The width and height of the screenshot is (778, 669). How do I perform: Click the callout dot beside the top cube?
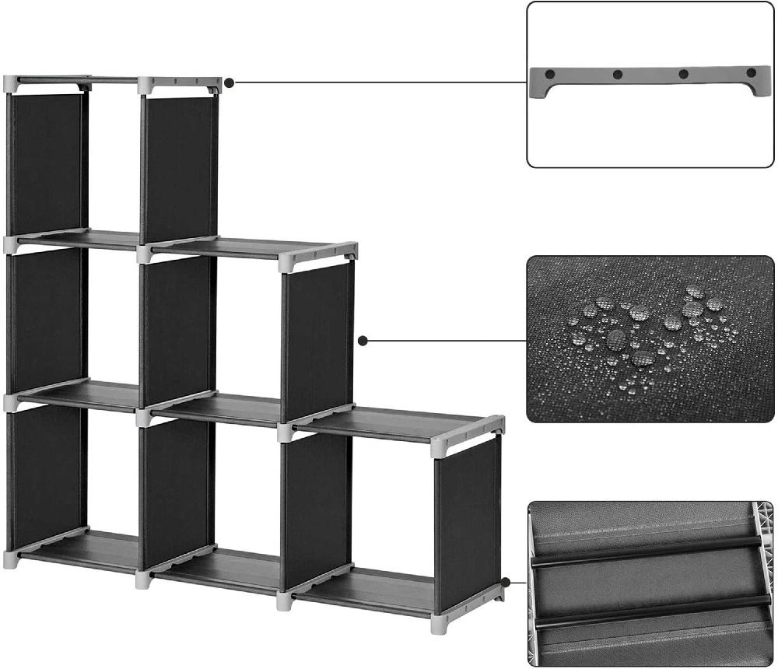pos(230,82)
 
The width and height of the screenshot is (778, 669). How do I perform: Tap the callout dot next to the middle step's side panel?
pos(362,340)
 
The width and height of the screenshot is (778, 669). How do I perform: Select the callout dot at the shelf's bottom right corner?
pos(506,581)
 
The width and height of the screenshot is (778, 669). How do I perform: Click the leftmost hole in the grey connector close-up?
pos(550,74)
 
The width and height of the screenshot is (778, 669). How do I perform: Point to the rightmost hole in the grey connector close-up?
pos(751,73)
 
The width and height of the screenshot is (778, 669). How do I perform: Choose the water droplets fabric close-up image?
pos(650,339)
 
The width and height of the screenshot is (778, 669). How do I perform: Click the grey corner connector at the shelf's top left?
pos(11,83)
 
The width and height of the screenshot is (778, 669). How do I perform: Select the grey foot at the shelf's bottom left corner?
pos(11,559)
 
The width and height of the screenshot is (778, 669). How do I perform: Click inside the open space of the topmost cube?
pos(113,156)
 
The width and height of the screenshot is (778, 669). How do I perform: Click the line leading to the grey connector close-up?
pos(381,82)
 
